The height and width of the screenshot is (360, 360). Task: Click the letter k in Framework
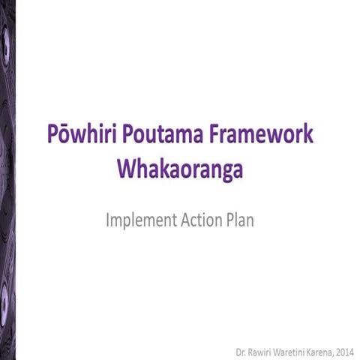[307, 139]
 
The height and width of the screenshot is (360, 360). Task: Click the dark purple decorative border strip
[7, 180]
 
